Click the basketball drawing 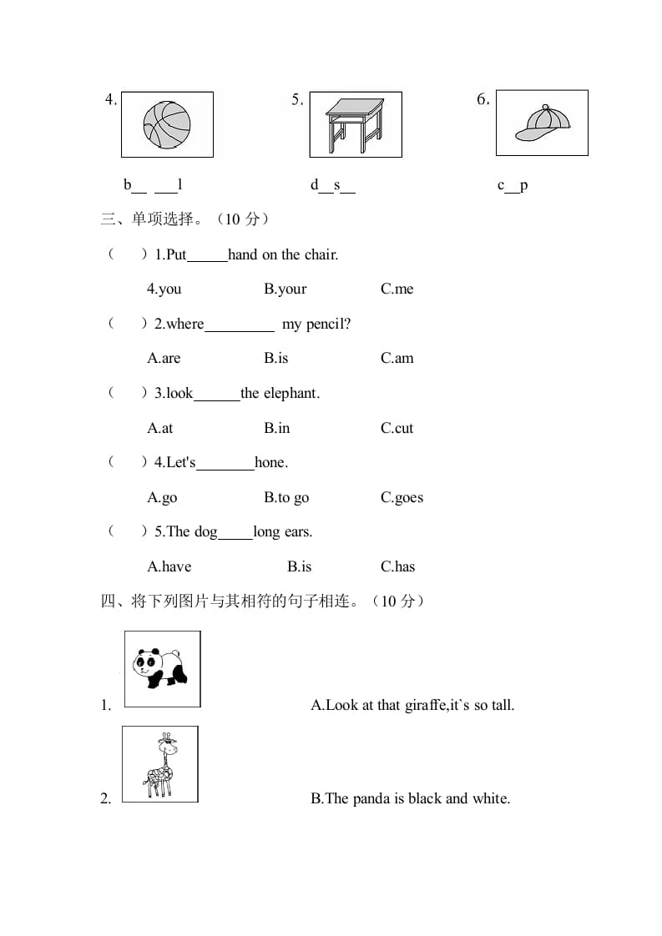(167, 124)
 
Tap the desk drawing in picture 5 (355, 125)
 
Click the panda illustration (161, 668)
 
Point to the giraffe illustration (161, 764)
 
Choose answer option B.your (286, 289)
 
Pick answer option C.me (397, 289)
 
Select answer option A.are (164, 358)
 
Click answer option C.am (397, 358)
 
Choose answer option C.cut (397, 428)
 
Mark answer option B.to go (286, 497)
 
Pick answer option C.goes (402, 497)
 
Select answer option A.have (169, 566)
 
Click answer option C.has (398, 566)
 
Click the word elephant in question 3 (291, 393)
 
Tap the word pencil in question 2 (325, 324)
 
